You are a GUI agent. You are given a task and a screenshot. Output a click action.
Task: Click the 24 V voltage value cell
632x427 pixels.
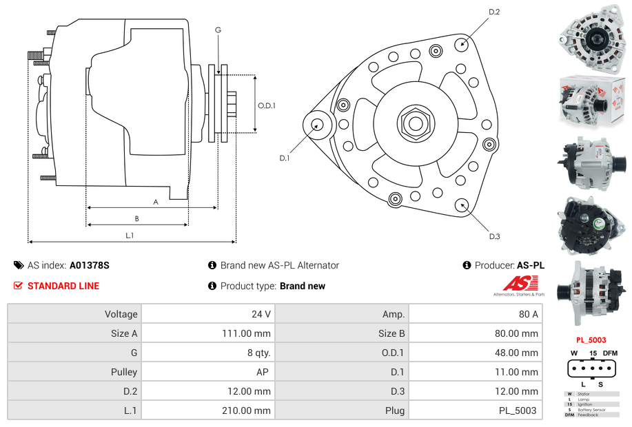(261, 314)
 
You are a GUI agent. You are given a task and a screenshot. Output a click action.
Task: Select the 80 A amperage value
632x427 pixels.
(528, 314)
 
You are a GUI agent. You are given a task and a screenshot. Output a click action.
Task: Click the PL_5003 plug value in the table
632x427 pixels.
(517, 410)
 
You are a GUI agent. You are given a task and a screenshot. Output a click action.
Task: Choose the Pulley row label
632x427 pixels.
(124, 372)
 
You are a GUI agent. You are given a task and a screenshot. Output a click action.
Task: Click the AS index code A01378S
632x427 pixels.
(90, 265)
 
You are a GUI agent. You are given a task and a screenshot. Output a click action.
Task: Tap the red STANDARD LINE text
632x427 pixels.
(63, 286)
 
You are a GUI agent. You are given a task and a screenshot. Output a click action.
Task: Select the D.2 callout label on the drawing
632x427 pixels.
(494, 12)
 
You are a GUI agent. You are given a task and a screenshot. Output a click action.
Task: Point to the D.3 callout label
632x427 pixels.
(494, 236)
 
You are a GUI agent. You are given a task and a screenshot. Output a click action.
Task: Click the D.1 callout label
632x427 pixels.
(285, 158)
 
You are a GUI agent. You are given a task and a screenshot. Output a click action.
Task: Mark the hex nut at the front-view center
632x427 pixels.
(415, 123)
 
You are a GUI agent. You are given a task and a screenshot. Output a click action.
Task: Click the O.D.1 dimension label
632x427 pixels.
(267, 105)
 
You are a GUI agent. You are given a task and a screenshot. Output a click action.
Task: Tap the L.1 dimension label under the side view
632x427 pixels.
(129, 236)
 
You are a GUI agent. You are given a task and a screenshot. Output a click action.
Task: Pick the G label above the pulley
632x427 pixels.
(218, 30)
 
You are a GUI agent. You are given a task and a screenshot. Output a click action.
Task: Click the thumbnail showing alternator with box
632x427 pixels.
(591, 100)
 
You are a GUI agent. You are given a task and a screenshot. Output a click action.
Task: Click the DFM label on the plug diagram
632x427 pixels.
(610, 353)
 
